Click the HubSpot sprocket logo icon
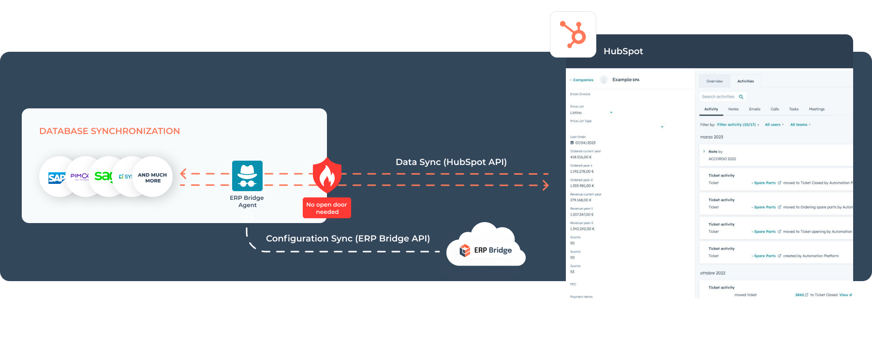tap(573, 34)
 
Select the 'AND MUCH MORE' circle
tap(153, 178)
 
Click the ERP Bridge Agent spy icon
tap(247, 176)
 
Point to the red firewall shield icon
tap(327, 175)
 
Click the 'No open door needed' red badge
tap(327, 208)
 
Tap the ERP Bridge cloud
tap(486, 249)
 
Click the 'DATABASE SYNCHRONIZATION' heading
tap(109, 131)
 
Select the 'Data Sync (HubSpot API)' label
tap(451, 162)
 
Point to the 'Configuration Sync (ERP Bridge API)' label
tap(348, 239)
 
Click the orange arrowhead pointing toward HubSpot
tap(546, 185)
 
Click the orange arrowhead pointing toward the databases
tap(183, 174)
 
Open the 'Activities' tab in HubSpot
tap(745, 81)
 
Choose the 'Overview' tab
tap(714, 81)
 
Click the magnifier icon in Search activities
tap(741, 97)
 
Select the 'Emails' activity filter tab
tap(754, 109)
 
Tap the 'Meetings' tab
tap(816, 109)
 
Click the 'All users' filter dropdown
tap(774, 125)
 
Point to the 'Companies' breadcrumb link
tap(583, 80)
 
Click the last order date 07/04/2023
tap(585, 143)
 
